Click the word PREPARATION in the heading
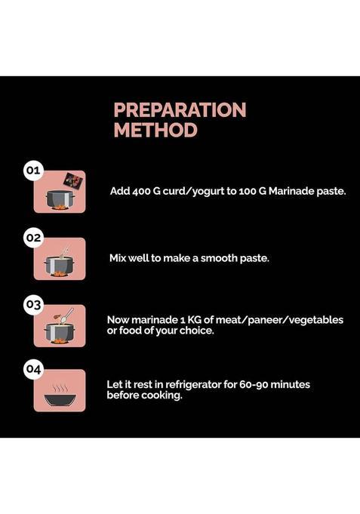point(180,109)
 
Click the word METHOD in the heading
point(155,130)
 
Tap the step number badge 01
point(33,171)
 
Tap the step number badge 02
point(33,237)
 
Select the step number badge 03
point(33,304)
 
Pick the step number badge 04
point(33,369)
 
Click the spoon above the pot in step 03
point(67,315)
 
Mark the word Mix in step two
point(118,258)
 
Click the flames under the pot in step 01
point(60,207)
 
